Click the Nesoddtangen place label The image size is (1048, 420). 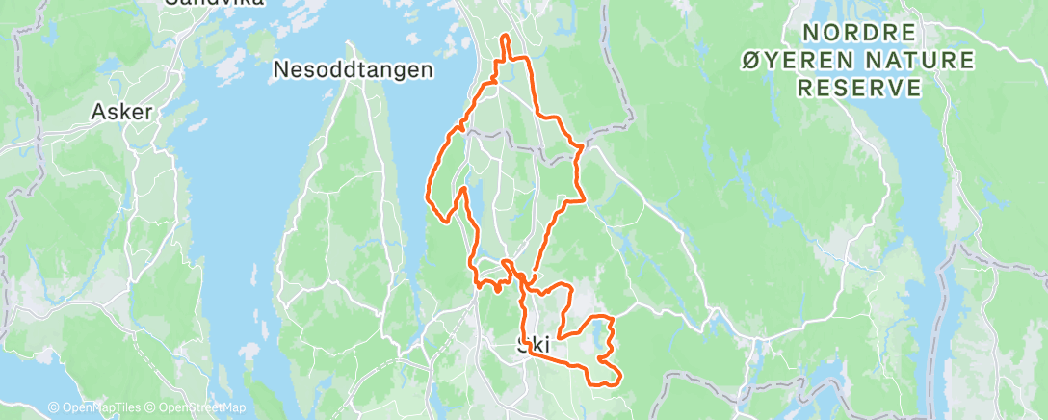[x=353, y=69]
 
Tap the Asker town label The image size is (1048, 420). [x=122, y=112]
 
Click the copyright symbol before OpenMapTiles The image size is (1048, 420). [x=54, y=408]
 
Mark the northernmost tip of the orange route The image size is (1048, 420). [x=506, y=37]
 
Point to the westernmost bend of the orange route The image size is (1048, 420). [x=427, y=197]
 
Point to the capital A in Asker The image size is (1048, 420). [x=98, y=112]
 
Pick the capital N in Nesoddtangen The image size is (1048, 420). [x=281, y=69]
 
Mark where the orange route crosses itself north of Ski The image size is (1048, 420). [x=519, y=277]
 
